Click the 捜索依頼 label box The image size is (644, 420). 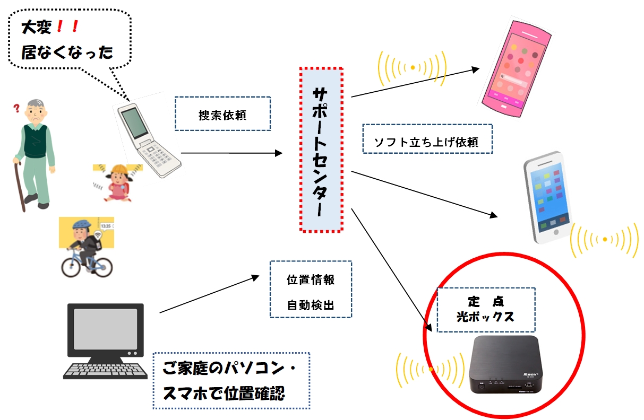tap(222, 114)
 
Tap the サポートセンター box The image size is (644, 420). tap(321, 150)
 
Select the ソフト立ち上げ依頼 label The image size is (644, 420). tap(427, 139)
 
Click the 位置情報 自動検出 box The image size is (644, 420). tap(311, 289)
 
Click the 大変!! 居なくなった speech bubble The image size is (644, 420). tap(69, 38)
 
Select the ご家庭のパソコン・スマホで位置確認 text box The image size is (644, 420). tap(231, 380)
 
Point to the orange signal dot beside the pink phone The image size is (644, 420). tap(413, 67)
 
